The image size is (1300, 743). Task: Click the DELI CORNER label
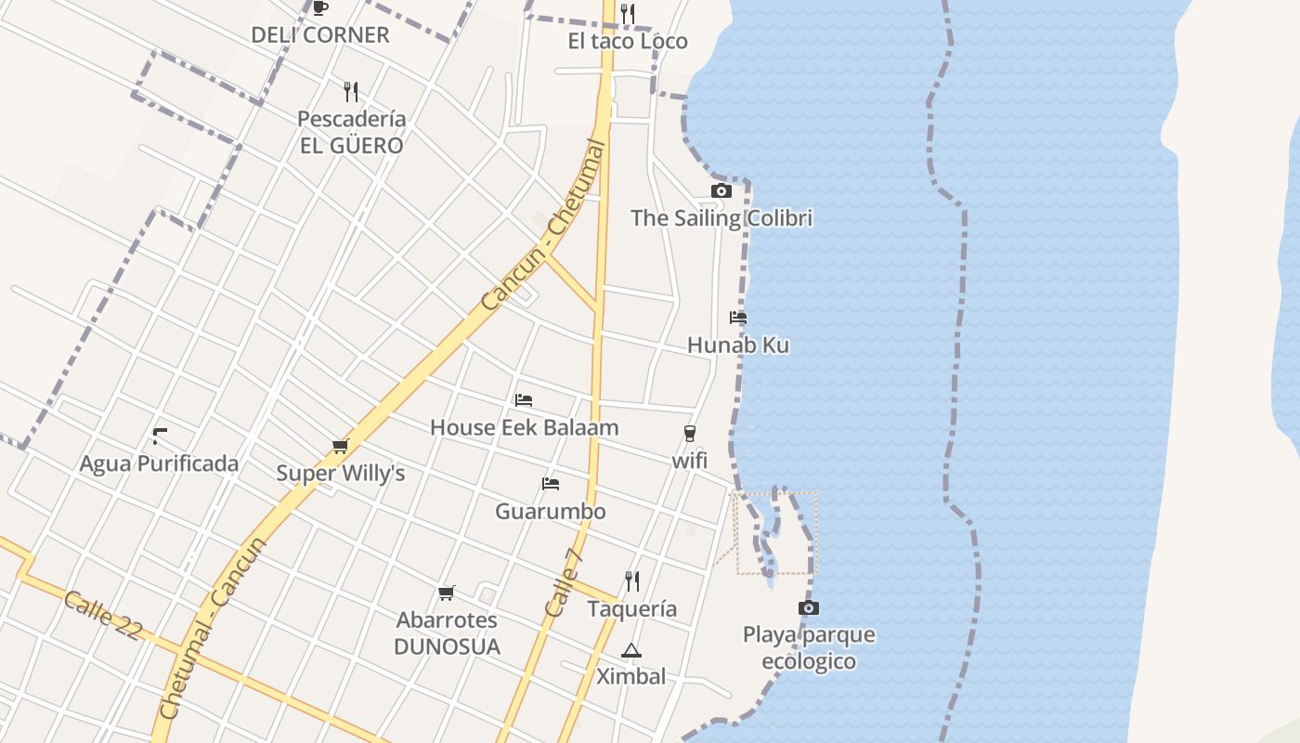320,35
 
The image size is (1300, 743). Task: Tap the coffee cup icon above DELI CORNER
320,8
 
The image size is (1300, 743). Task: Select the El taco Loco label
628,41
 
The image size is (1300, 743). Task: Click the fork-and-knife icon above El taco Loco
628,13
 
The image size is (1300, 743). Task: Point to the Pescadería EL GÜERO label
351,132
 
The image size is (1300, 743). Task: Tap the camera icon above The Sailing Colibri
721,190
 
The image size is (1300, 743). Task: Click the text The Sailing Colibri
721,218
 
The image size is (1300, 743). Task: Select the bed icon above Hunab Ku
738,318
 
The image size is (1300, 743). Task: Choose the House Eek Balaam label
524,427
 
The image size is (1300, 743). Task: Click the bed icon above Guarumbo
551,484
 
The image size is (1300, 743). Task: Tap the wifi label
690,460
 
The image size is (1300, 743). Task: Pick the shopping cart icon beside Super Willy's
341,447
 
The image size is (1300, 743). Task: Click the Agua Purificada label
159,463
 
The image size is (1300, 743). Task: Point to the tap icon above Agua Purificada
160,435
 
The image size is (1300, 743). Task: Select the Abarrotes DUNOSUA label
447,633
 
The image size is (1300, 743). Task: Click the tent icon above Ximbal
631,650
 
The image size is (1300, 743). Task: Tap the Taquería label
632,609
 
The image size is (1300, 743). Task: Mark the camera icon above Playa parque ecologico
809,607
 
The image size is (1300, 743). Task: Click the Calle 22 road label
102,615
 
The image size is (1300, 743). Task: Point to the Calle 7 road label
565,583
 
